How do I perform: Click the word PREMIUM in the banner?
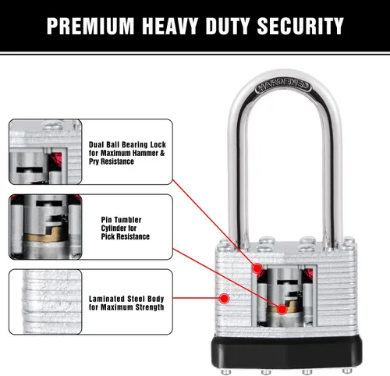point(90,26)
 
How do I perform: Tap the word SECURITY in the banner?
point(300,26)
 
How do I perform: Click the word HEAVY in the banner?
point(169,26)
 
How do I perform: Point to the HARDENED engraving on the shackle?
point(283,86)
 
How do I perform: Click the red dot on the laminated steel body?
point(224,299)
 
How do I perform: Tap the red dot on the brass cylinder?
point(282,309)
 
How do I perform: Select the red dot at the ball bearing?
point(257,268)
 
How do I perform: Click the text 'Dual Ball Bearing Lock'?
point(127,144)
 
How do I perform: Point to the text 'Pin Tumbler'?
point(121,220)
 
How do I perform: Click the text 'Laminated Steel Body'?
point(126,299)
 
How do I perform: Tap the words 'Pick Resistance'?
point(126,236)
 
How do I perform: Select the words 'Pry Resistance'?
point(112,161)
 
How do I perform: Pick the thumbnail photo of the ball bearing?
point(45,152)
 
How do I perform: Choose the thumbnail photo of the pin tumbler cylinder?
point(45,227)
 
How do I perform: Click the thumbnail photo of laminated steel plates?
point(45,302)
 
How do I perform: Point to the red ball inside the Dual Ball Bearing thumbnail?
point(58,158)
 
